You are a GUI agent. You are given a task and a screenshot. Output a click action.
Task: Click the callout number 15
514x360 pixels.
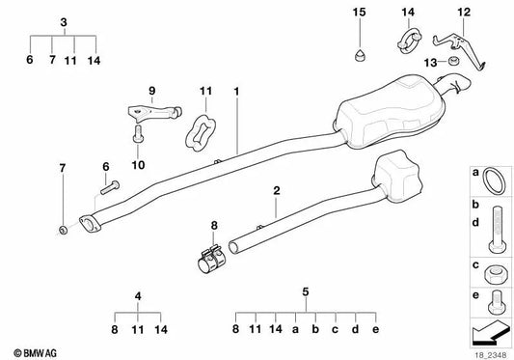[359, 12]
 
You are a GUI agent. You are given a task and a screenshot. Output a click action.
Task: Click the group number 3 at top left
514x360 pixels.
[64, 22]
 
